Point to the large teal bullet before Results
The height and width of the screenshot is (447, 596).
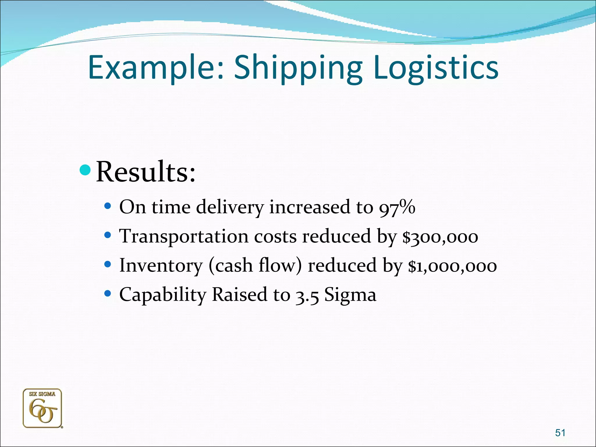point(85,170)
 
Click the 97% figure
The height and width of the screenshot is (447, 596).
point(397,207)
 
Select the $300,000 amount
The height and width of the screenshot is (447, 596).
point(440,236)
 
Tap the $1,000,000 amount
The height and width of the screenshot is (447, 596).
point(452,266)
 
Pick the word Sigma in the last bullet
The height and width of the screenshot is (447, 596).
point(350,295)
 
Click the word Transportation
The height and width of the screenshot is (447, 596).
point(184,236)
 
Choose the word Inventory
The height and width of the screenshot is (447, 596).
point(161,266)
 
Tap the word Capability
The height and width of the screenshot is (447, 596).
point(163,295)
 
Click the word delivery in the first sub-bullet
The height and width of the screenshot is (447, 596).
point(230,207)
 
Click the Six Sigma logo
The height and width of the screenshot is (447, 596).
point(42,408)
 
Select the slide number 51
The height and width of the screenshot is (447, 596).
point(560,433)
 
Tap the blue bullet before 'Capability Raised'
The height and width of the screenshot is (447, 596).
point(108,294)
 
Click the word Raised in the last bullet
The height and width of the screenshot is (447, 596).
point(239,295)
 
